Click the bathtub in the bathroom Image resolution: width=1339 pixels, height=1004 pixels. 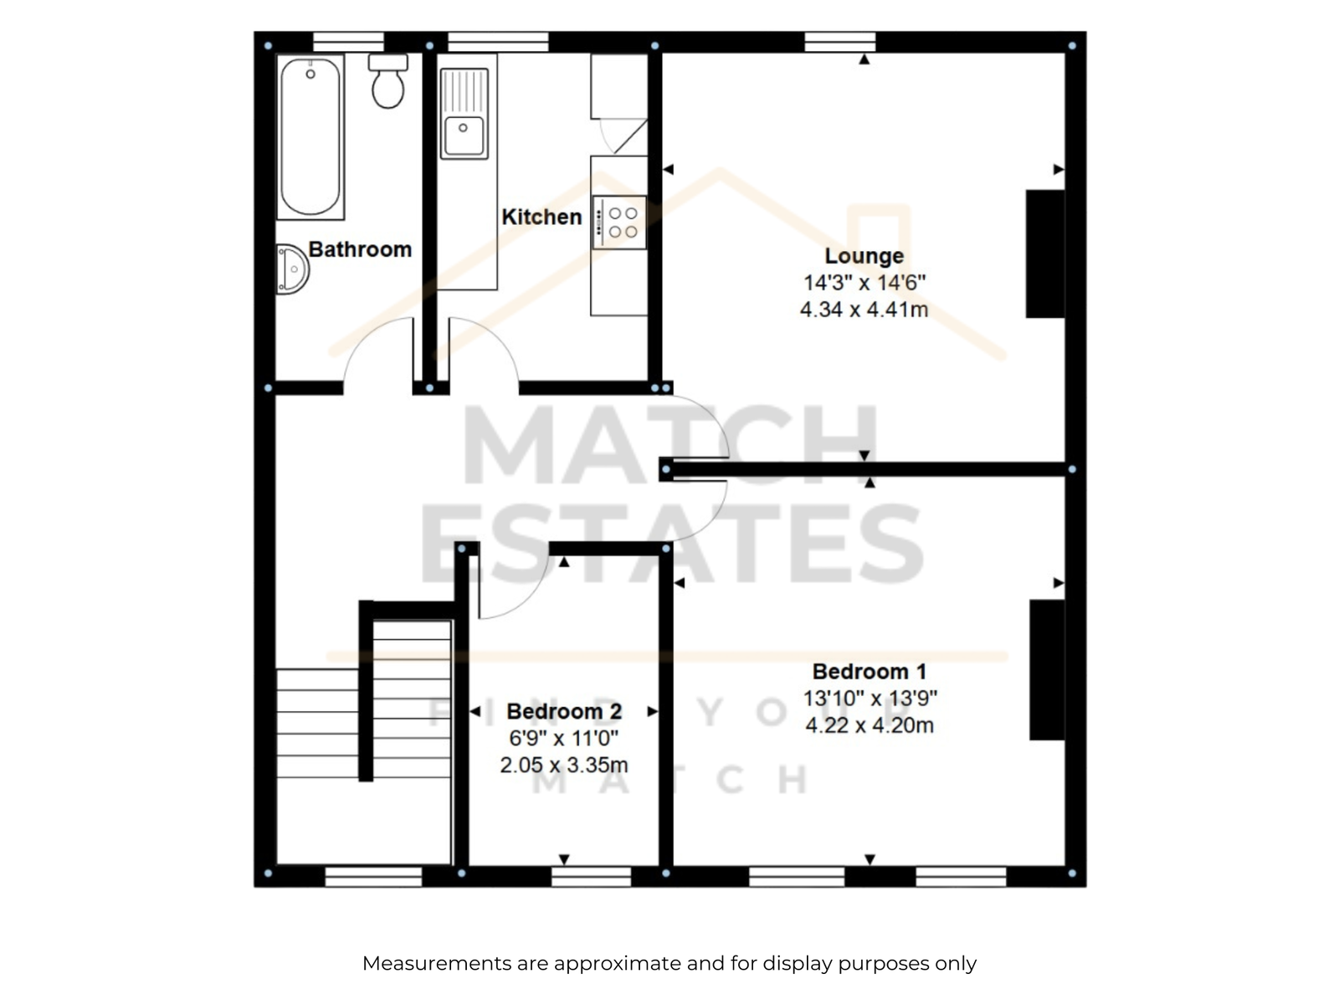pos(310,136)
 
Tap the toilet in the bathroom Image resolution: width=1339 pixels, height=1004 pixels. pos(388,81)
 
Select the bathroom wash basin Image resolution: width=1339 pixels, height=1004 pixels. pos(293,269)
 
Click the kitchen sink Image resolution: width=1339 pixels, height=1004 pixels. pos(464,114)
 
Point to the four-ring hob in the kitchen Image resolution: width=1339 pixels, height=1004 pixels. pos(619,223)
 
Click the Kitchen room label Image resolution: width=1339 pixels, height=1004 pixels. pos(541,217)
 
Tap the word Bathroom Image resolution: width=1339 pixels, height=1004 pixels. pos(360,249)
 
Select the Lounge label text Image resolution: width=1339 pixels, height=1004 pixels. pos(864,256)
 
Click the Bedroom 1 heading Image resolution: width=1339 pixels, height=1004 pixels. pos(870,671)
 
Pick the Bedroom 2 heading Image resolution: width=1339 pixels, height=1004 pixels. pos(564,711)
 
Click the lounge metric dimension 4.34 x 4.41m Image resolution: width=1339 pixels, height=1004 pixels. pos(864,310)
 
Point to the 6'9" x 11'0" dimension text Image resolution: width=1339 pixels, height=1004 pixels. pos(564,738)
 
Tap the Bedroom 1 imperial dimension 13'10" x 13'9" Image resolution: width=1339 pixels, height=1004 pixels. pos(870,698)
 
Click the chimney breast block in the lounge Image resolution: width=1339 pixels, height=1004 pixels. pos(1045,254)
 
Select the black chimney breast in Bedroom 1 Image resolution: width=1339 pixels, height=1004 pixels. pos(1048,669)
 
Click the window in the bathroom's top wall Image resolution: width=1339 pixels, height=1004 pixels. pos(348,42)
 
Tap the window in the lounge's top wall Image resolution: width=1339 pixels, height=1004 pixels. pos(840,42)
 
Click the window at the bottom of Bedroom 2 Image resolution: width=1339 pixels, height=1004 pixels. pos(591,877)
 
